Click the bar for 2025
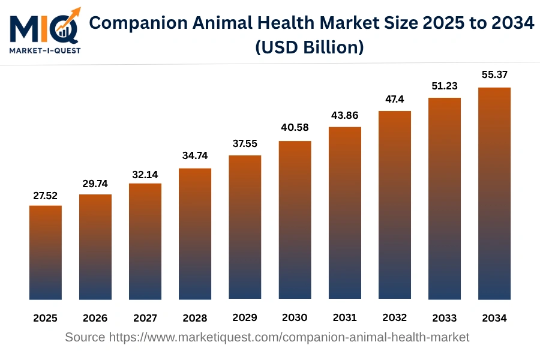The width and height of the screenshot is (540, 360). pyautogui.click(x=46, y=252)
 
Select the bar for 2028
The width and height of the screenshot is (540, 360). pyautogui.click(x=195, y=234)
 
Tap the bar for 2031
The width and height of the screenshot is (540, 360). pyautogui.click(x=344, y=213)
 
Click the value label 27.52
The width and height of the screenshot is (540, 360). pyautogui.click(x=46, y=196)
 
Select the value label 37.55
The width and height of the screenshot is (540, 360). pyautogui.click(x=245, y=145)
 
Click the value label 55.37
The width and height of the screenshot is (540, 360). pyautogui.click(x=494, y=75)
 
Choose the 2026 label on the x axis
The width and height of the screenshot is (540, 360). pyautogui.click(x=95, y=317)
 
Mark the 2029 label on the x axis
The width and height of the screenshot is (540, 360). pyautogui.click(x=245, y=317)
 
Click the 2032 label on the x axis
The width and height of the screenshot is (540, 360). pyautogui.click(x=394, y=317)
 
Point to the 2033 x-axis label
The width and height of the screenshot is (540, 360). pyautogui.click(x=444, y=317)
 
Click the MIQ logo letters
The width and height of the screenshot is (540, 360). pyautogui.click(x=36, y=28)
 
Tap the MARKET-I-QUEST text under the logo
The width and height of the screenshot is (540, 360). pyautogui.click(x=44, y=50)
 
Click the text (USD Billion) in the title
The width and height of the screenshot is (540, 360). pyautogui.click(x=310, y=47)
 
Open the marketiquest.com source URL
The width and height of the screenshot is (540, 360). pyautogui.click(x=289, y=337)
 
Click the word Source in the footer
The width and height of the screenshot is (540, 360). pyautogui.click(x=85, y=337)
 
